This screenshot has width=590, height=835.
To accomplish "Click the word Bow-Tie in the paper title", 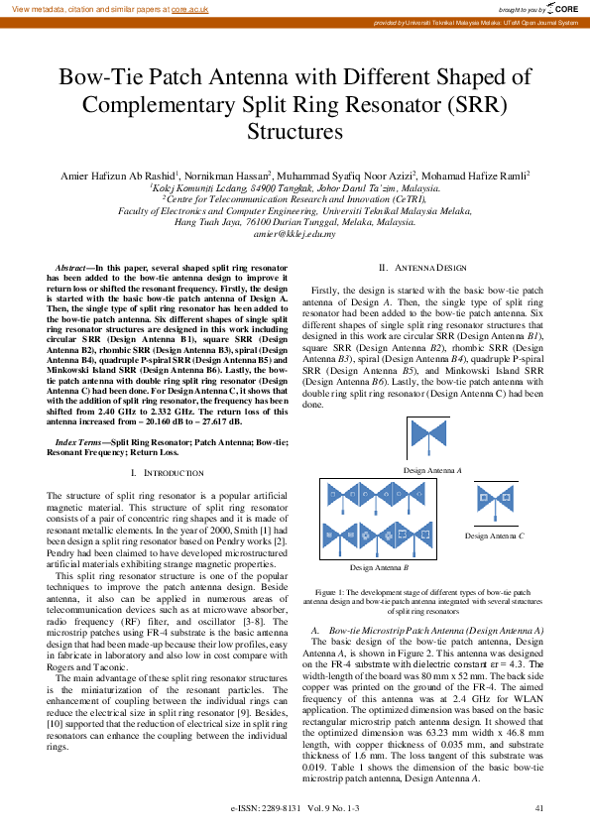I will point(99,78).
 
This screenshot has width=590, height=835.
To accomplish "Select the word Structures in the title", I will point(295,131).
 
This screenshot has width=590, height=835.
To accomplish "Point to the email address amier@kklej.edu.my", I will point(295,233).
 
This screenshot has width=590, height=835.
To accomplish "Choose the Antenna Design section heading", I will point(423,269).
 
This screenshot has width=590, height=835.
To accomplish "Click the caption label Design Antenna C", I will point(494,536).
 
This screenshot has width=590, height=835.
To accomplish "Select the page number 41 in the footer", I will point(539,809).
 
